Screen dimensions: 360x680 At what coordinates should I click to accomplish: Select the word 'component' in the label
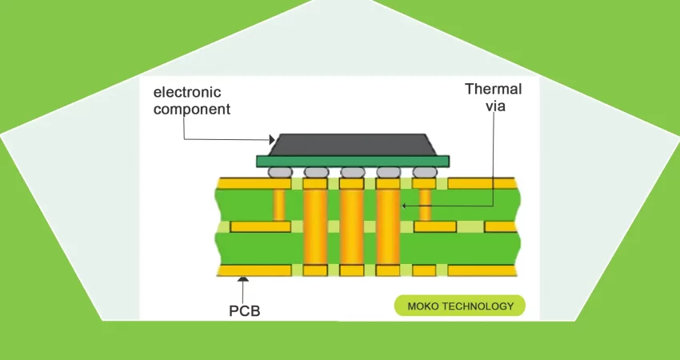[191, 109]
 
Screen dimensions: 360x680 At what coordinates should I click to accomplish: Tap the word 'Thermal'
[493, 89]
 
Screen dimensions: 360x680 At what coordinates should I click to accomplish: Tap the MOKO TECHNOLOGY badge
[460, 306]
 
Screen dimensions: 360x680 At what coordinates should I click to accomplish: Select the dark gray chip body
[352, 144]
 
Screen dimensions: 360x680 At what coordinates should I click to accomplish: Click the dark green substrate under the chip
[353, 161]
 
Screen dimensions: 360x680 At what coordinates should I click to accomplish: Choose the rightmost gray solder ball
[425, 171]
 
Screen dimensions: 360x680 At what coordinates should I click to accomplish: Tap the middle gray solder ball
[352, 171]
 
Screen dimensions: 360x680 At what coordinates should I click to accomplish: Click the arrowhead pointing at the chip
[270, 140]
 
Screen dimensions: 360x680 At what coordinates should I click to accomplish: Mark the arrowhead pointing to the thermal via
[405, 206]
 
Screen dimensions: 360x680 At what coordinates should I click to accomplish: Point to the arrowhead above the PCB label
[243, 279]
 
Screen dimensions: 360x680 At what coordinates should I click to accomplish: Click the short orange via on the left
[279, 206]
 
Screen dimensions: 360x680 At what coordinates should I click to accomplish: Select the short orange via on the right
[425, 206]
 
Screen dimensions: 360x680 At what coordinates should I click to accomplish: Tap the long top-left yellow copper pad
[254, 183]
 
